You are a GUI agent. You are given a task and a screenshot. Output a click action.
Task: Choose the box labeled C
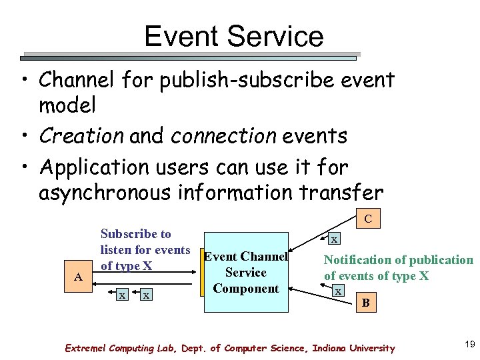368,219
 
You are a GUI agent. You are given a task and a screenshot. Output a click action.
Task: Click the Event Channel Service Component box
246,272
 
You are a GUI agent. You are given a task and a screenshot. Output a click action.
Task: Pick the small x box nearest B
339,291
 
